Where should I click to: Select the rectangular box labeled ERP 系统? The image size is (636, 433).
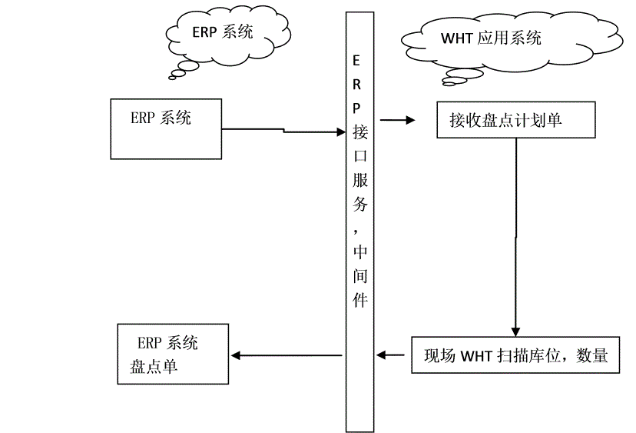[166, 128]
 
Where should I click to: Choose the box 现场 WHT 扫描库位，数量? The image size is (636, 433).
[515, 355]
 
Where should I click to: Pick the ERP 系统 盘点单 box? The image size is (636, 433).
[173, 354]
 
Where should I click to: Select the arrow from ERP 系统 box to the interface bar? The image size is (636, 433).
[284, 131]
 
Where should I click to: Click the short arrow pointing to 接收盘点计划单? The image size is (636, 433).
[397, 120]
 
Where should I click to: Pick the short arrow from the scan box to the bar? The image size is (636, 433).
[392, 355]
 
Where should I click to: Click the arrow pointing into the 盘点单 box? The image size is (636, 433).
[287, 355]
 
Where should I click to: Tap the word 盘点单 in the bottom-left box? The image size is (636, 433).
[153, 367]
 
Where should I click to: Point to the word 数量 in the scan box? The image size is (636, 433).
[591, 355]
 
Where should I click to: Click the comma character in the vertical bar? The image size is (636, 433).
[357, 228]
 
